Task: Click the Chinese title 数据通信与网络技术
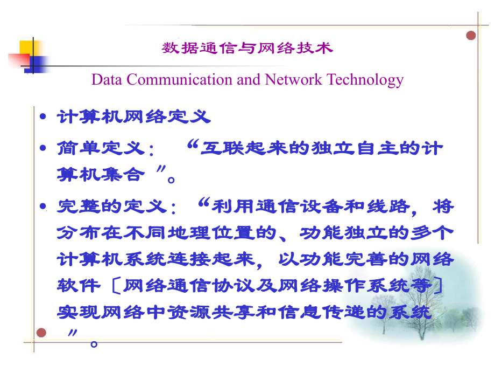click(247, 48)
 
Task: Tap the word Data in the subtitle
click(107, 79)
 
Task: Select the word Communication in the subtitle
click(180, 79)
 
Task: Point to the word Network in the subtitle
click(293, 79)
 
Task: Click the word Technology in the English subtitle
click(365, 80)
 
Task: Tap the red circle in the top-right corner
click(471, 36)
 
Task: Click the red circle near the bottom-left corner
click(41, 333)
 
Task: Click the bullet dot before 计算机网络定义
click(43, 117)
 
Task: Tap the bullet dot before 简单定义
click(43, 148)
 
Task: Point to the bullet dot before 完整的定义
click(43, 206)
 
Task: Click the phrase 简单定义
click(101, 148)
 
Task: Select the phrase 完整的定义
click(112, 206)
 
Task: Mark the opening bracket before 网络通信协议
click(116, 286)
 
